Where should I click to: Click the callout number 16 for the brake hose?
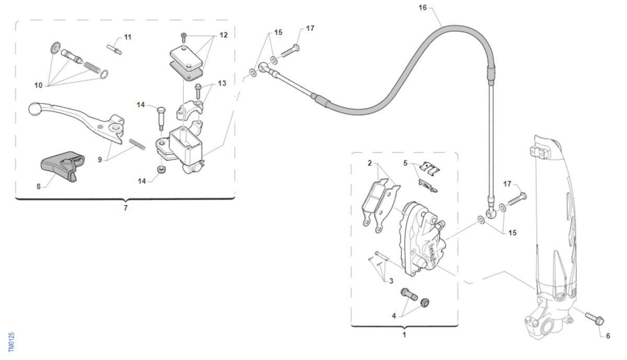click(422, 7)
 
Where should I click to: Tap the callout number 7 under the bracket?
click(126, 208)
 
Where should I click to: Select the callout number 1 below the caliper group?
click(404, 334)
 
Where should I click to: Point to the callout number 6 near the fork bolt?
click(608, 336)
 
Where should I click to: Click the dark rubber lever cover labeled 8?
click(62, 165)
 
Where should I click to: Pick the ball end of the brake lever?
click(36, 109)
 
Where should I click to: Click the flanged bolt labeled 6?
click(595, 319)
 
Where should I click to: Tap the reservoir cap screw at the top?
click(183, 37)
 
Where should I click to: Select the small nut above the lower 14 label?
click(161, 170)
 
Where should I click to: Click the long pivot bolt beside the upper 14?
click(161, 118)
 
